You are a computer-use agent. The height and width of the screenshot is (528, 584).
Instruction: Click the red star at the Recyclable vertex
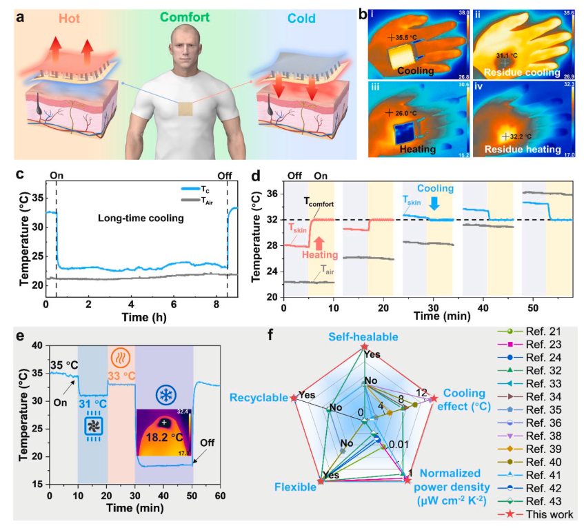[x=294, y=398]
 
